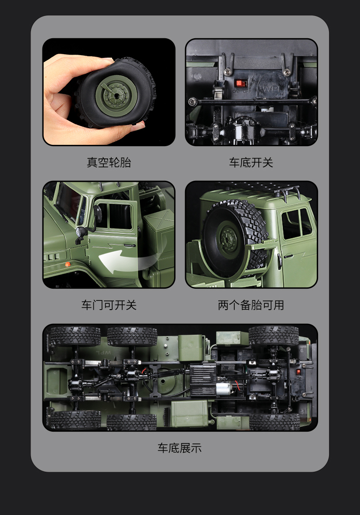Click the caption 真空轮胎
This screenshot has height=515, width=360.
click(109, 162)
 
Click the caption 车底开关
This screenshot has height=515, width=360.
click(251, 162)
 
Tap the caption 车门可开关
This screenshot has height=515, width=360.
click(109, 305)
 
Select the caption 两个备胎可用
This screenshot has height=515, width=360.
click(251, 305)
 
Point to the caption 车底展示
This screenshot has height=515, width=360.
click(180, 448)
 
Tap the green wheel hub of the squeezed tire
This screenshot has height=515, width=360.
click(115, 95)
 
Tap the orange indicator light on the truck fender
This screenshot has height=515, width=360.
click(67, 264)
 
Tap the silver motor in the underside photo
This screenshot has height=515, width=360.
click(225, 390)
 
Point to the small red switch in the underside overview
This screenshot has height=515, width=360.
click(298, 372)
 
